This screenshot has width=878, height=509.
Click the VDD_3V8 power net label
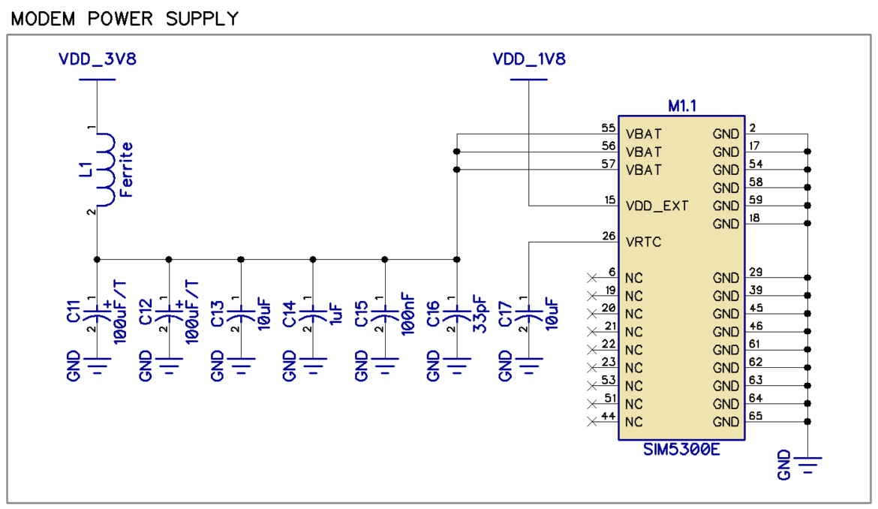point(98,60)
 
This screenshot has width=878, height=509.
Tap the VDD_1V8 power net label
point(528,60)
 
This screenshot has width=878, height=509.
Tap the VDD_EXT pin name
point(657,206)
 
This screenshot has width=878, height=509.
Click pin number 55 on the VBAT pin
point(608,128)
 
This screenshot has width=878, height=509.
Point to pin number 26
point(609,236)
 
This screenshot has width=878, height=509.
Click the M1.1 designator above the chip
point(682,107)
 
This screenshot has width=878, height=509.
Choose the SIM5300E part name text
point(681,450)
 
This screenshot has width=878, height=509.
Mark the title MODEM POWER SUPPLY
point(125,18)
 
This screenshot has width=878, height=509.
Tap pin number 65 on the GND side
point(755,417)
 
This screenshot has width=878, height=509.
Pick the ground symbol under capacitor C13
point(241,366)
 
